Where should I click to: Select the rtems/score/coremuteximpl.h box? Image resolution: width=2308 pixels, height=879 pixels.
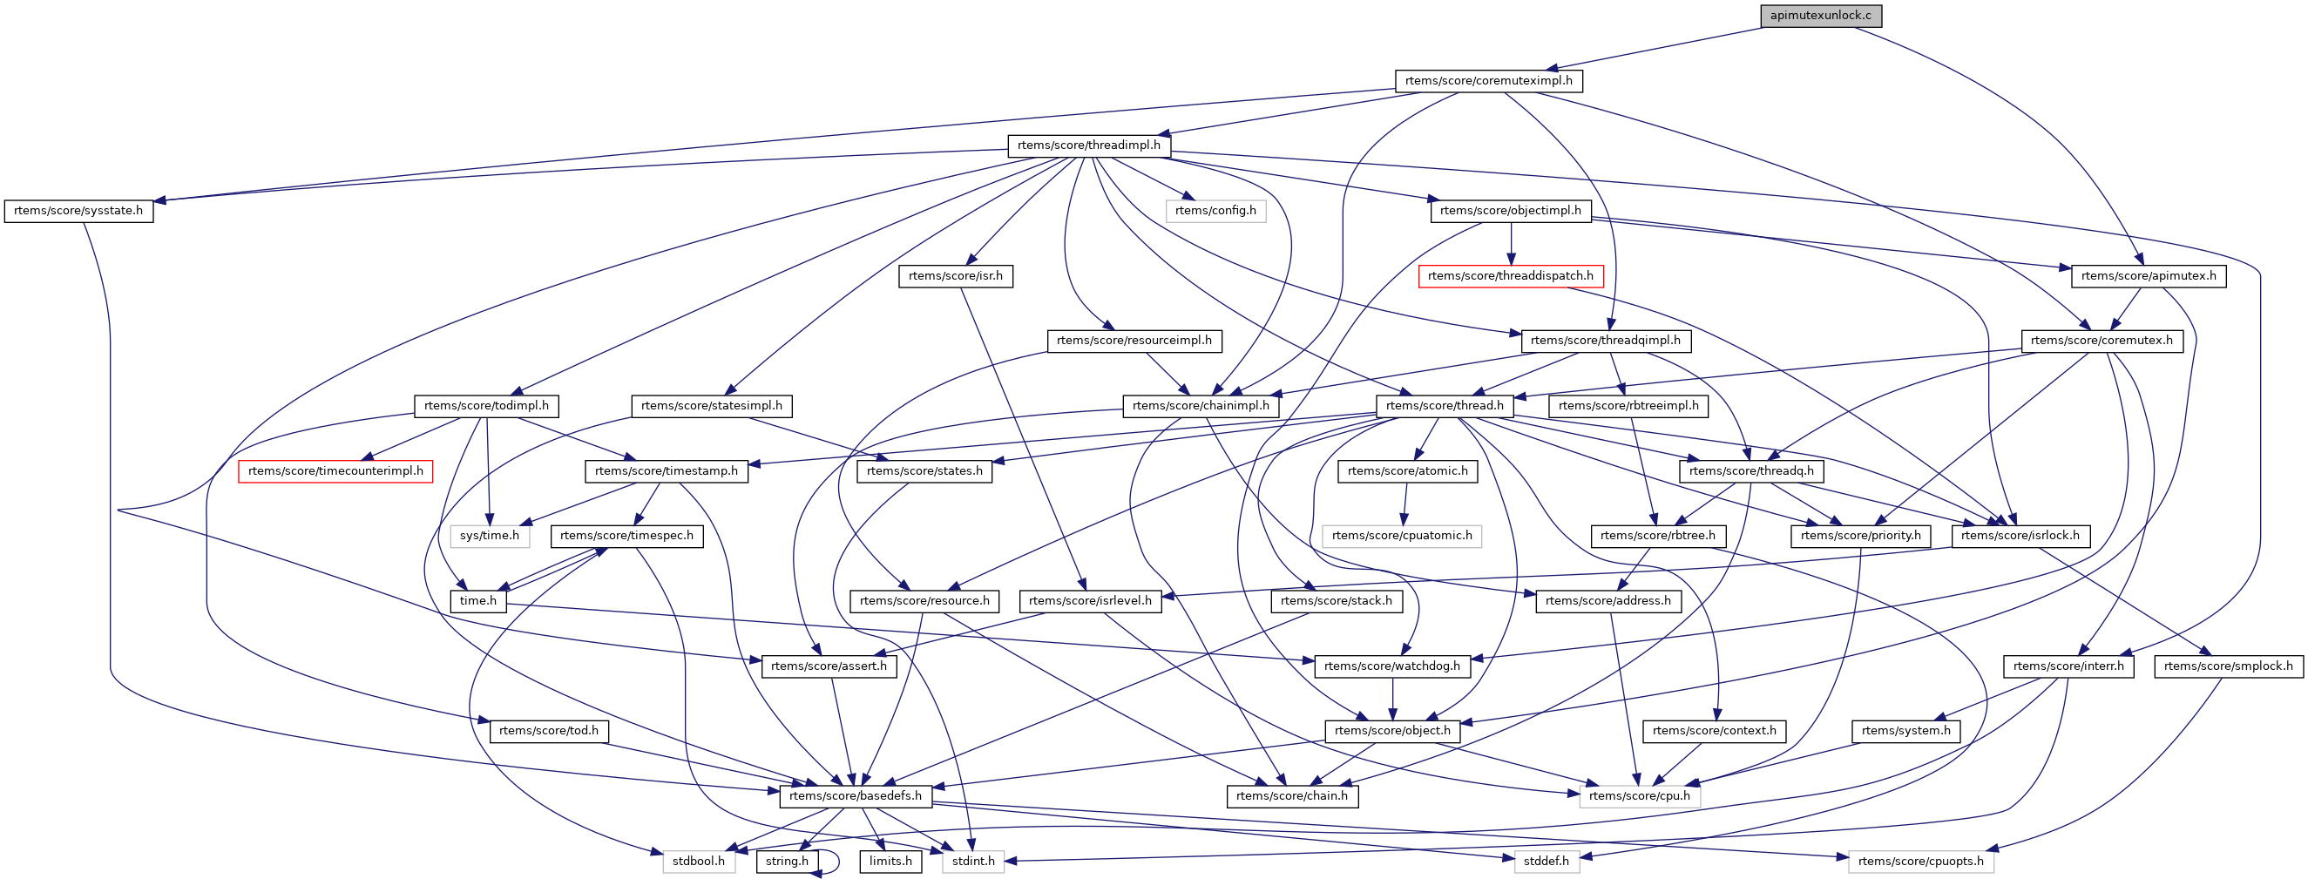click(x=1488, y=81)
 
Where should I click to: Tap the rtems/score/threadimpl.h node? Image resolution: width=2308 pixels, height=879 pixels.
click(x=1088, y=145)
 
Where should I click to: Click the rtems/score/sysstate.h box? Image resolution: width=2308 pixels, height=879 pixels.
click(x=78, y=211)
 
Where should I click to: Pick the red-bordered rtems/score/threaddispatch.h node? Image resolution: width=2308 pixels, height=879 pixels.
click(x=1511, y=276)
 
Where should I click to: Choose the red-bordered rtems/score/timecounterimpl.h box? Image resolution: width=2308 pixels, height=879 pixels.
click(x=335, y=471)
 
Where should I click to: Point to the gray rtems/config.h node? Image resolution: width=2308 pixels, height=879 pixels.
click(x=1215, y=211)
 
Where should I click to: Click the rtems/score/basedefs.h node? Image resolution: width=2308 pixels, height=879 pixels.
click(x=855, y=795)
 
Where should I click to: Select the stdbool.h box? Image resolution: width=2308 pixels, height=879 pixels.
click(x=699, y=861)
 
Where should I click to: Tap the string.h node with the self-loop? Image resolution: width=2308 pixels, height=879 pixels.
click(x=787, y=861)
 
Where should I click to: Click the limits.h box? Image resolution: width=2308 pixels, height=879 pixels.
click(x=890, y=861)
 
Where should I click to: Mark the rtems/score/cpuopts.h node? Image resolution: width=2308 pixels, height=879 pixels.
click(x=1921, y=861)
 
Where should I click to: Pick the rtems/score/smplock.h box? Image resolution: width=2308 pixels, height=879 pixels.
click(x=2228, y=666)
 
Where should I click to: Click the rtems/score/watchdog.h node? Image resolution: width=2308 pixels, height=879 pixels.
click(x=1391, y=666)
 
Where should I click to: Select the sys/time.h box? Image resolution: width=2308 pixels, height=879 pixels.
click(x=489, y=536)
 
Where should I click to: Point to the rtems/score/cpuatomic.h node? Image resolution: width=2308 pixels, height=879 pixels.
click(x=1402, y=536)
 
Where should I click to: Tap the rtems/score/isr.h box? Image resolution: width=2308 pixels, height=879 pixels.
click(x=955, y=276)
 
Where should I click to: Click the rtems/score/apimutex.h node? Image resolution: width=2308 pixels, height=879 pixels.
click(x=2149, y=276)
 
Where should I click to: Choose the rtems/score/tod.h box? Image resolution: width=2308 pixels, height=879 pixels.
click(x=548, y=731)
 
